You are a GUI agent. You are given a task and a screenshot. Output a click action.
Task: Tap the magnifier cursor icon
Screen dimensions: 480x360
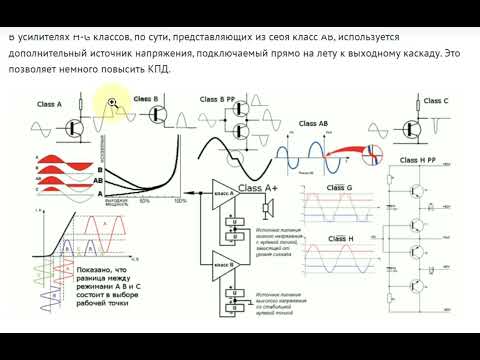(114, 101)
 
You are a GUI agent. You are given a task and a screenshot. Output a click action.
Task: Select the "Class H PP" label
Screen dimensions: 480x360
(422, 159)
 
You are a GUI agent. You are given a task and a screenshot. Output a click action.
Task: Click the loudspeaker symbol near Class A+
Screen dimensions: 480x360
(267, 207)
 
